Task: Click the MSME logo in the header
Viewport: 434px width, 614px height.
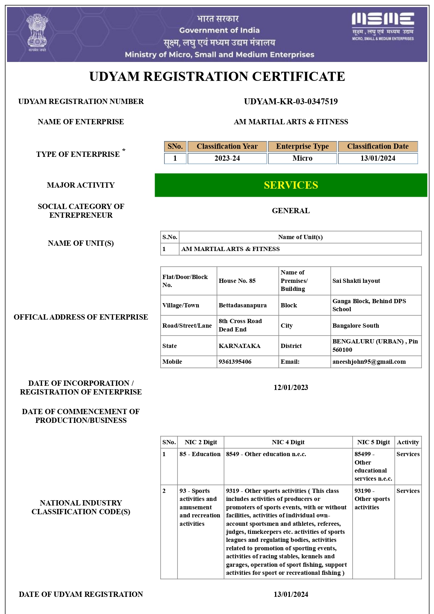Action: (x=383, y=26)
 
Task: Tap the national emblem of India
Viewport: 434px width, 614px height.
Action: (x=37, y=32)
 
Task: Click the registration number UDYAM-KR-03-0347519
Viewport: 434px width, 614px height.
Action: (x=290, y=102)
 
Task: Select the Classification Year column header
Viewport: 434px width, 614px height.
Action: (x=227, y=146)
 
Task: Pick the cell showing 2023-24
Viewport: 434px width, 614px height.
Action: (x=227, y=158)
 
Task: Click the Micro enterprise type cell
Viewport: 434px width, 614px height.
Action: (x=302, y=158)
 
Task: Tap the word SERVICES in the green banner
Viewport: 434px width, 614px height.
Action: (x=291, y=185)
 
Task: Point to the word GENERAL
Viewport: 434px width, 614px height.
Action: (x=290, y=211)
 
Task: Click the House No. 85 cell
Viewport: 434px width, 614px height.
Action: (x=237, y=281)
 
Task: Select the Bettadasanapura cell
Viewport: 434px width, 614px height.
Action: (x=243, y=305)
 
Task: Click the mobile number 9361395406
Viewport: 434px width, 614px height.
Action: (x=235, y=362)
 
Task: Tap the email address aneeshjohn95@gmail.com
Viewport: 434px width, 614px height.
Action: (x=369, y=362)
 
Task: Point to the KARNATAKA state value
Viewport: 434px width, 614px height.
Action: (x=239, y=346)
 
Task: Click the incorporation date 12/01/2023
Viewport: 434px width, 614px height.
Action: (x=290, y=388)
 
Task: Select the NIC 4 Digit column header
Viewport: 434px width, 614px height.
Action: (x=288, y=442)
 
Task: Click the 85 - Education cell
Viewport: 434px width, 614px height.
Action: (x=200, y=454)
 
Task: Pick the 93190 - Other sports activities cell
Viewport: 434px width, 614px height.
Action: (x=372, y=499)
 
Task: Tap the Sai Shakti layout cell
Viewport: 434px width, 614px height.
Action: (x=356, y=281)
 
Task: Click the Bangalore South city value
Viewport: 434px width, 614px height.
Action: (x=356, y=326)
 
